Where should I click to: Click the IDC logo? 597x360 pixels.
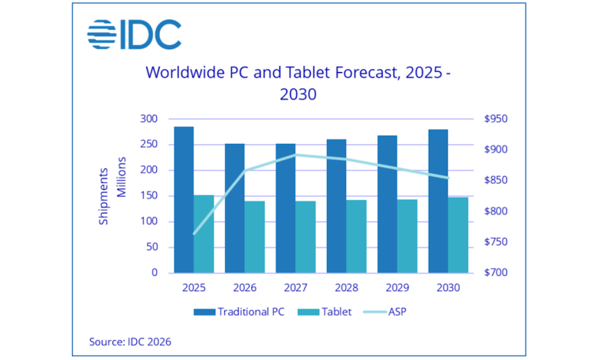134,34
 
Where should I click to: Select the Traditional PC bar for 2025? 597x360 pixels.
184,199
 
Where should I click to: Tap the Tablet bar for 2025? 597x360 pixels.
204,234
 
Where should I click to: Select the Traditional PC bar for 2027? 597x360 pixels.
285,208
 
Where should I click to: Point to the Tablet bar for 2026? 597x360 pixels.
254,237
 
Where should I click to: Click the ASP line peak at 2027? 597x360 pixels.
295,155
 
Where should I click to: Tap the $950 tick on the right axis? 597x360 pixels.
496,119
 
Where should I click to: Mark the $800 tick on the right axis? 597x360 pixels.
496,211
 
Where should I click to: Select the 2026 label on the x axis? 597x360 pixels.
244,289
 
